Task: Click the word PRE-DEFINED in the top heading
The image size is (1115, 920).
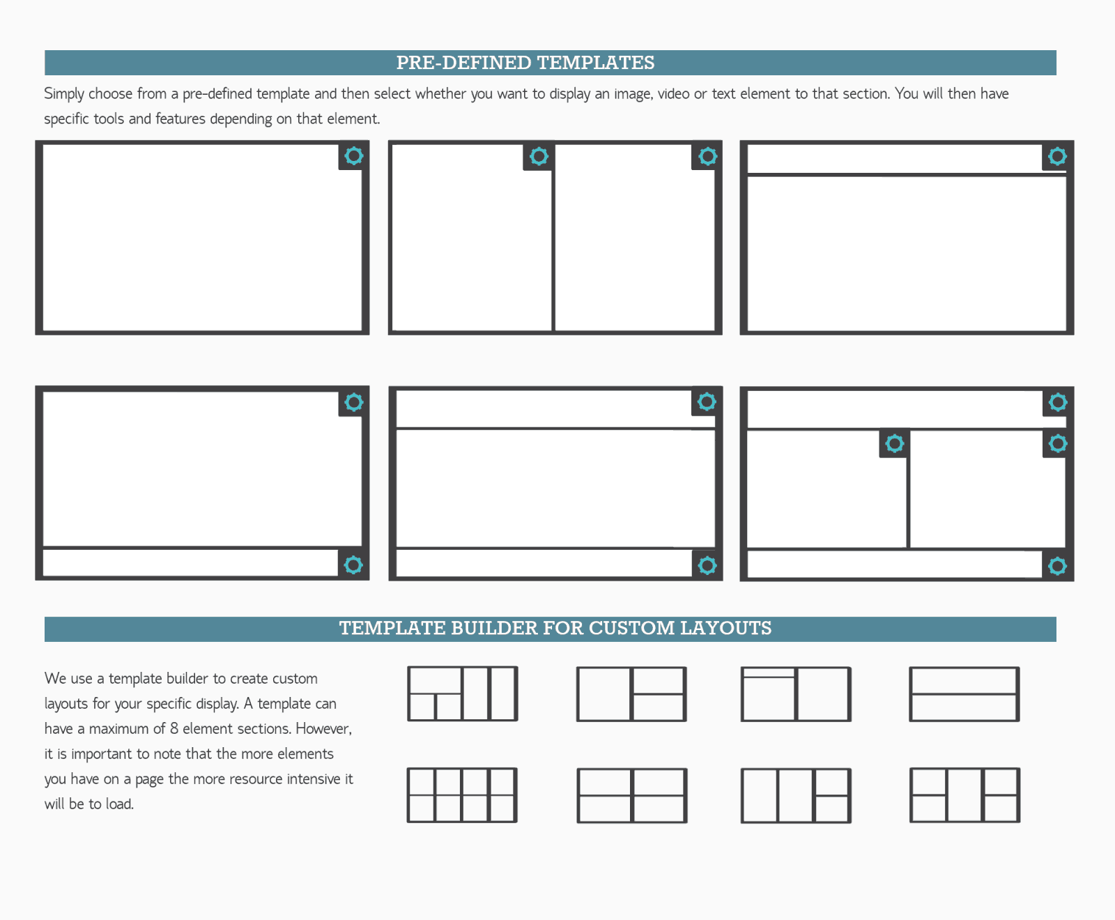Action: pos(463,63)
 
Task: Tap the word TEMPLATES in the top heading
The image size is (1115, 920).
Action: pos(596,63)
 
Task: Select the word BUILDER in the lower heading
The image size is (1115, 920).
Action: pos(494,628)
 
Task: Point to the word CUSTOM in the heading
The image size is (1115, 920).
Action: pos(631,628)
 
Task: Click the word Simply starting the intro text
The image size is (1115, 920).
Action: pos(64,94)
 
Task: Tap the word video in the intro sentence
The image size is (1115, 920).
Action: pos(674,93)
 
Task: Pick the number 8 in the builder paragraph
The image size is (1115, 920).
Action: pos(174,728)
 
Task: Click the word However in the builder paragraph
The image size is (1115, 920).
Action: pos(323,728)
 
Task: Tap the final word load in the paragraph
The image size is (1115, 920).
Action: pos(119,804)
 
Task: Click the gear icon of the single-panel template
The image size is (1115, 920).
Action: pos(354,155)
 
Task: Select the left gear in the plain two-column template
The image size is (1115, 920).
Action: pos(539,156)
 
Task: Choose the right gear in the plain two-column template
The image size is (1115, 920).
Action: pos(708,156)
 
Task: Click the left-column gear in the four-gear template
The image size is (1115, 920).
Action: pos(895,443)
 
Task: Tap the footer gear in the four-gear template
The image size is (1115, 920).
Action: pos(1058,566)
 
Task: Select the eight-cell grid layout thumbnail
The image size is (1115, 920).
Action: pos(462,795)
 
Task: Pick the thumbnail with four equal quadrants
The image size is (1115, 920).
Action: pos(632,795)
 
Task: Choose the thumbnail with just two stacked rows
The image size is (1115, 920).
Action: pos(964,694)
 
